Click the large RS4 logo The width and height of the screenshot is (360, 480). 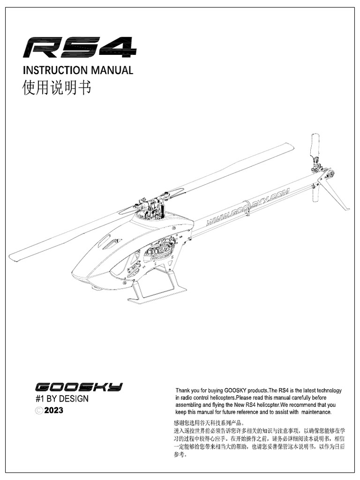point(80,47)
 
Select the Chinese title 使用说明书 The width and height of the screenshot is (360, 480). point(57,88)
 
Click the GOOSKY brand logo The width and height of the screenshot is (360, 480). point(79,387)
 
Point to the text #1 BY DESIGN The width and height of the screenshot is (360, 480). point(61,399)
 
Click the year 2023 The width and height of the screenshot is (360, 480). point(53,411)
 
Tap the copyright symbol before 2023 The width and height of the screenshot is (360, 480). point(39,411)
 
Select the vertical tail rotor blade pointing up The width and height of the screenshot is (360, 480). point(315,147)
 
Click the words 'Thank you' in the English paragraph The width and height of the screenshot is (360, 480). point(187,390)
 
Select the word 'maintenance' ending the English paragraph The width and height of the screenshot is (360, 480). point(315,412)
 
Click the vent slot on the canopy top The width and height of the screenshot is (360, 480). point(112,243)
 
